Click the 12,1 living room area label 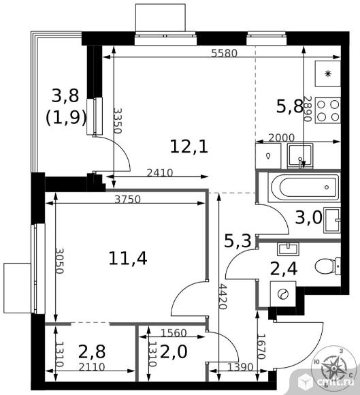(x=189, y=146)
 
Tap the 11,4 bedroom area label (x=128, y=258)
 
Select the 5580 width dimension (x=224, y=53)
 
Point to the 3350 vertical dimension (x=118, y=121)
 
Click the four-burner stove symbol (x=328, y=110)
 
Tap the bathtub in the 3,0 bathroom (x=304, y=187)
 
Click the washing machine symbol (x=283, y=294)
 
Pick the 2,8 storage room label (x=92, y=351)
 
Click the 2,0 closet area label (x=174, y=351)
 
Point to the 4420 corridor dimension (x=223, y=296)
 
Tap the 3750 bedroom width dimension (x=127, y=200)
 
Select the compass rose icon (x=334, y=368)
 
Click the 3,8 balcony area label (x=65, y=95)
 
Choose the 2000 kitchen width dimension (x=281, y=138)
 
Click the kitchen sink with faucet (x=300, y=156)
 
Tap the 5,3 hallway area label (x=238, y=240)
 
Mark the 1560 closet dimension (x=174, y=333)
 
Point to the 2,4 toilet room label (x=284, y=269)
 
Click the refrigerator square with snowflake (x=328, y=74)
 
